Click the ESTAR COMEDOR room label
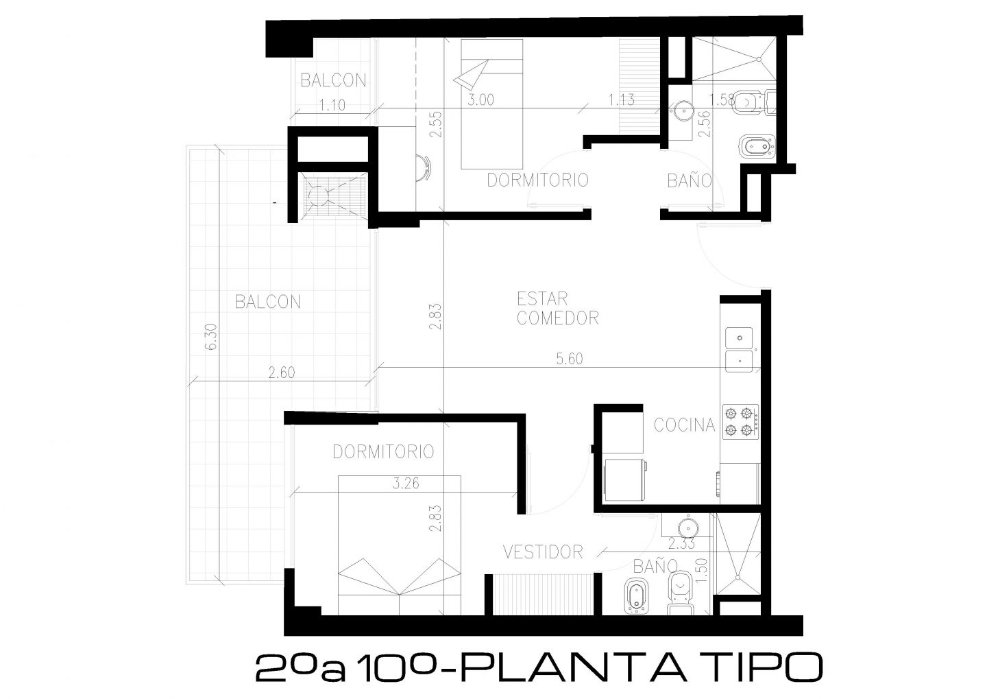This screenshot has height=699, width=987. [x=557, y=308]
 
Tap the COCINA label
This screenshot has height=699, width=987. [x=684, y=425]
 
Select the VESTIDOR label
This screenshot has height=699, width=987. [x=543, y=552]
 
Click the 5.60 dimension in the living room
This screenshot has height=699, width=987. [x=570, y=359]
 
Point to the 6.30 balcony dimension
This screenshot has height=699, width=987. [x=212, y=337]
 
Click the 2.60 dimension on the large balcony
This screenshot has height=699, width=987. [x=282, y=372]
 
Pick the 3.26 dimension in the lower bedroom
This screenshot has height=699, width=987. [x=406, y=484]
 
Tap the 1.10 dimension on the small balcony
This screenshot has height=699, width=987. [x=332, y=105]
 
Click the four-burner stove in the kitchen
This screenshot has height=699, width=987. [x=740, y=422]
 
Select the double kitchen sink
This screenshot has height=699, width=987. [x=740, y=349]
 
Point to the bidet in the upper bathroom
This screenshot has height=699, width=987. [x=757, y=146]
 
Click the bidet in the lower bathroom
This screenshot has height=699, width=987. [x=637, y=597]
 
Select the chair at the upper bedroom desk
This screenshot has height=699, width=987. [x=424, y=168]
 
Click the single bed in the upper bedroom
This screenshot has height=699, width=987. [x=491, y=104]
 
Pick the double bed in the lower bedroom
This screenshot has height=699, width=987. [x=399, y=545]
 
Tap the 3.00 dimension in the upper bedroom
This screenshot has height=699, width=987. [x=480, y=100]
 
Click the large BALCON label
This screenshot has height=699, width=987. [x=267, y=302]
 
